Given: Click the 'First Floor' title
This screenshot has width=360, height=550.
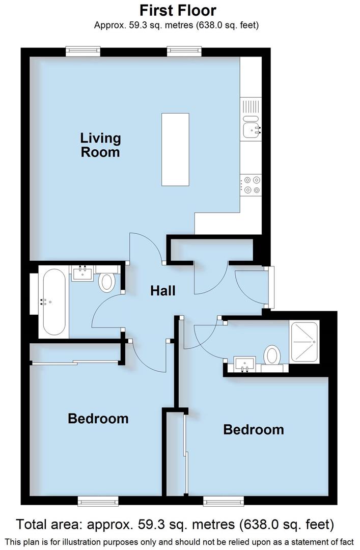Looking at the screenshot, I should [x=178, y=10].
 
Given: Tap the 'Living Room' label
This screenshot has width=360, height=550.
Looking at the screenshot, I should [x=100, y=145].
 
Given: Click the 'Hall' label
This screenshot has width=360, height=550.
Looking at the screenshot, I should [x=162, y=291].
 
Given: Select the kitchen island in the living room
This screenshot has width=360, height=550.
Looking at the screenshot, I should [x=175, y=149].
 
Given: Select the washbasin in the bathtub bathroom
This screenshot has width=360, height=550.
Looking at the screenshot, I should [x=82, y=273].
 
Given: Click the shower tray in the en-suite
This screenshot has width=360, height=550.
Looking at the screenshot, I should [x=304, y=342].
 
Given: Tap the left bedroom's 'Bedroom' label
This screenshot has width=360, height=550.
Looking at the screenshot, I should [x=98, y=419].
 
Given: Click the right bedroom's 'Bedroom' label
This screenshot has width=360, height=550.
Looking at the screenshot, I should [x=254, y=429].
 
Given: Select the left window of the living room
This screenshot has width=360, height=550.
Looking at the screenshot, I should [x=83, y=51].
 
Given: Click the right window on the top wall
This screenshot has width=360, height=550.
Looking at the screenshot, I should [x=184, y=51].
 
